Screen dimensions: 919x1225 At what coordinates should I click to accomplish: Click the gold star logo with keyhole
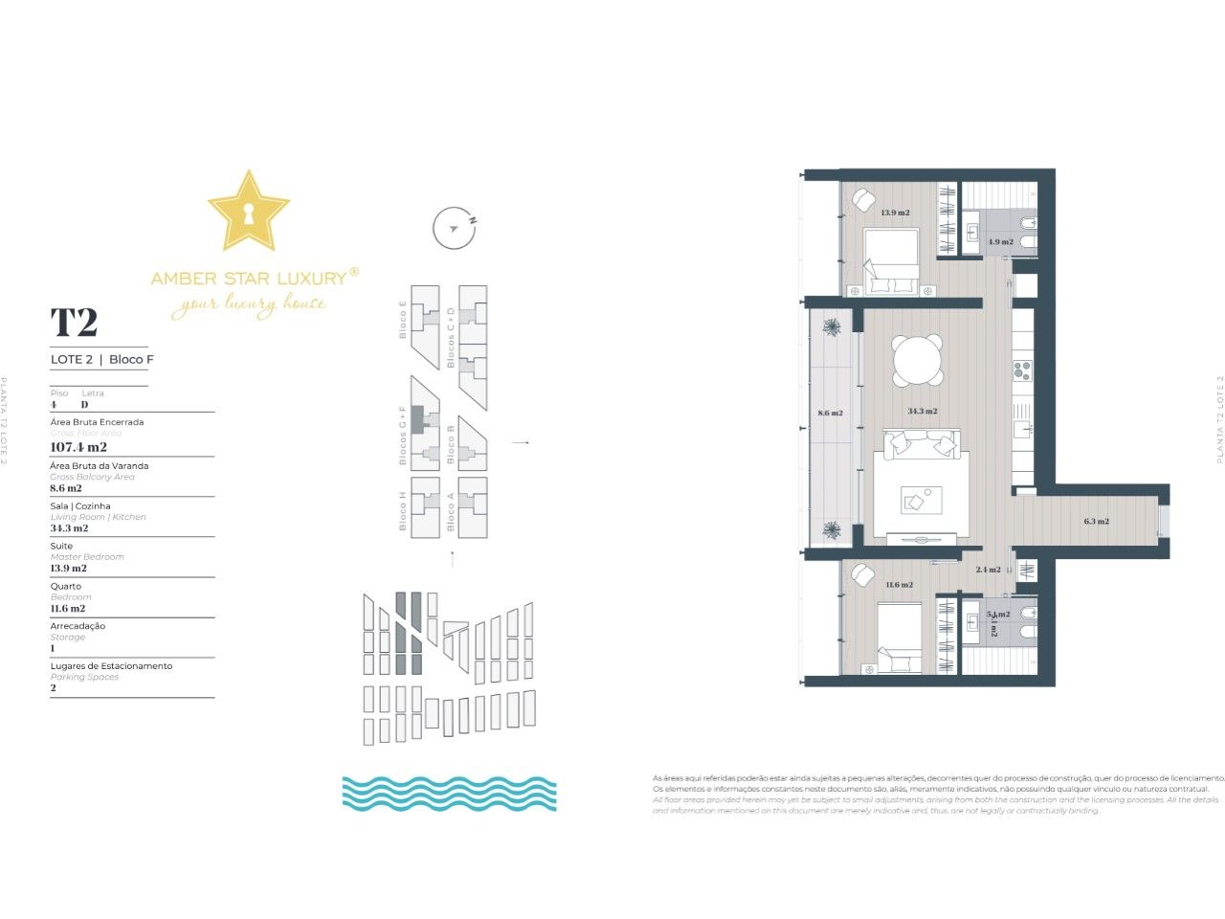(248, 212)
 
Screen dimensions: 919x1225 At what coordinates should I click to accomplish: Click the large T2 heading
(74, 323)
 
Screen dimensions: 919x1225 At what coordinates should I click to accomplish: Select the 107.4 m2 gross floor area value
(78, 447)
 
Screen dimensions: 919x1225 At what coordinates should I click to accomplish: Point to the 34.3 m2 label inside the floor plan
(922, 411)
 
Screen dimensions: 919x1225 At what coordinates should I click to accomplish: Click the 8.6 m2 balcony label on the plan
(830, 414)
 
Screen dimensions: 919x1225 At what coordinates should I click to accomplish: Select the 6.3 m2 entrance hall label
(1096, 522)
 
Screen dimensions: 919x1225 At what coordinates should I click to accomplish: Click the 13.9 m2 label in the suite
(895, 213)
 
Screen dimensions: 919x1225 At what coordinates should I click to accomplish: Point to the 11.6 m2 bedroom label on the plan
(898, 585)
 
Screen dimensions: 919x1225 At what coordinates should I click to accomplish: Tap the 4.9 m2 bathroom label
(1000, 242)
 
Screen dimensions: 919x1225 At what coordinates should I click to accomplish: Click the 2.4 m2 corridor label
(988, 570)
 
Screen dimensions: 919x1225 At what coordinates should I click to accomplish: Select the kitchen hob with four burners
(1022, 368)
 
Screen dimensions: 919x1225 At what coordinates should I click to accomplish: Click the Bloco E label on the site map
(403, 320)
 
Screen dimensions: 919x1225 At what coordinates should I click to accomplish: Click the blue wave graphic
(449, 794)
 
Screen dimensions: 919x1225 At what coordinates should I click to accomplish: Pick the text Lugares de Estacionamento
(111, 665)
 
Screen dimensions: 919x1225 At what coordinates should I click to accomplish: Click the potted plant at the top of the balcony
(832, 327)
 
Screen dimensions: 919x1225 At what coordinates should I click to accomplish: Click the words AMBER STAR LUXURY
(248, 279)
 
